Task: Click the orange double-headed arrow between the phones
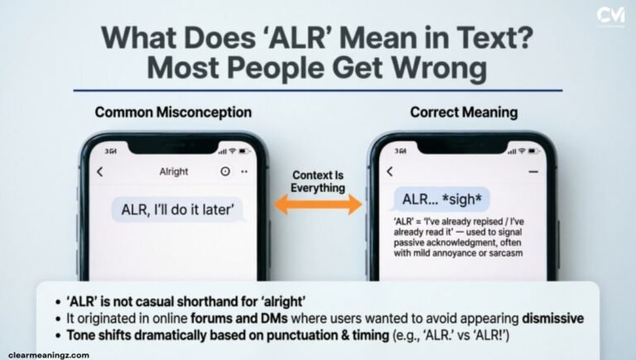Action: tap(318, 205)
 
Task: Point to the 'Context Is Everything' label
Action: tap(317, 180)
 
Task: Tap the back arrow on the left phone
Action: tap(101, 172)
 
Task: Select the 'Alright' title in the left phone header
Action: tap(173, 172)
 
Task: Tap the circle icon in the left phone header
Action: tap(225, 172)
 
